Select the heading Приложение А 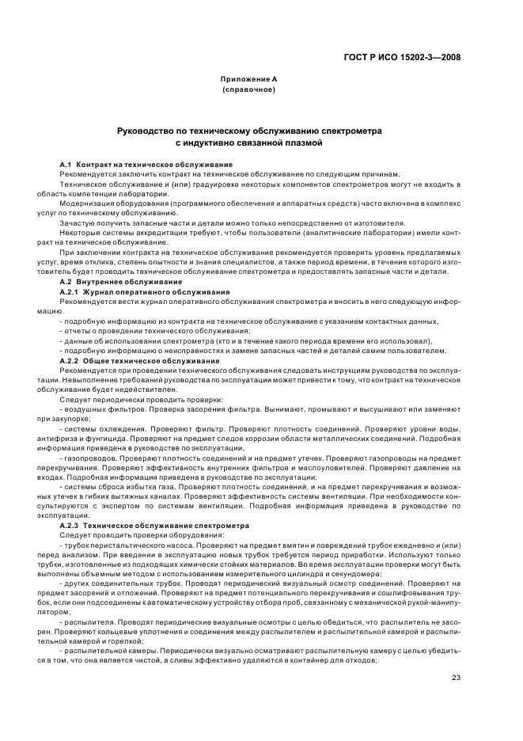[x=248, y=80]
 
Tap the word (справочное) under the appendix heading [x=248, y=90]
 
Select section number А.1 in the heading [x=66, y=164]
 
